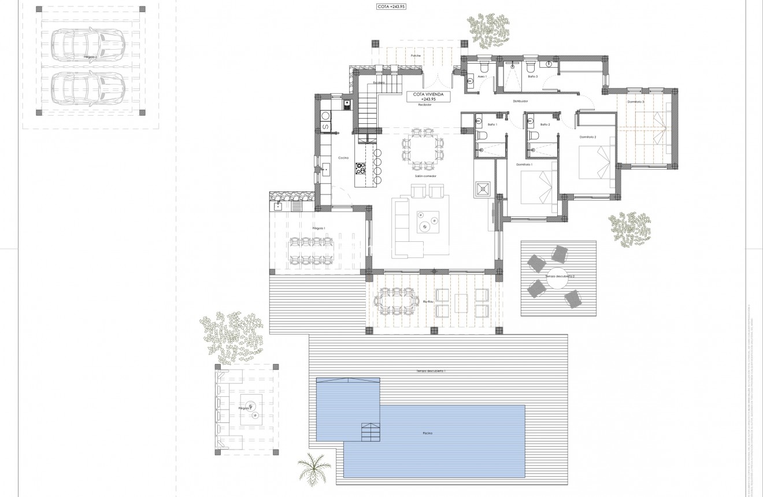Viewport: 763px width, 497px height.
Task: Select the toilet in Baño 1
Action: tap(484, 135)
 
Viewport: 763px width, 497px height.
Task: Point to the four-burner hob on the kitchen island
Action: tap(361, 168)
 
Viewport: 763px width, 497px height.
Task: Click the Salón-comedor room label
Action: tap(425, 176)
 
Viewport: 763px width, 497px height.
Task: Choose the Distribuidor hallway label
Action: tap(520, 101)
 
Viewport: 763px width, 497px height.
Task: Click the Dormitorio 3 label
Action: tap(636, 102)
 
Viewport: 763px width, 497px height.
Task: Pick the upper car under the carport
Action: tap(84, 43)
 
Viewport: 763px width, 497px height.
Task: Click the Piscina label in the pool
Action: tap(427, 433)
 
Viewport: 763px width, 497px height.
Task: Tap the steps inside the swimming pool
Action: tap(370, 432)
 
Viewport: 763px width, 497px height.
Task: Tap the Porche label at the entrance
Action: tap(416, 56)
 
